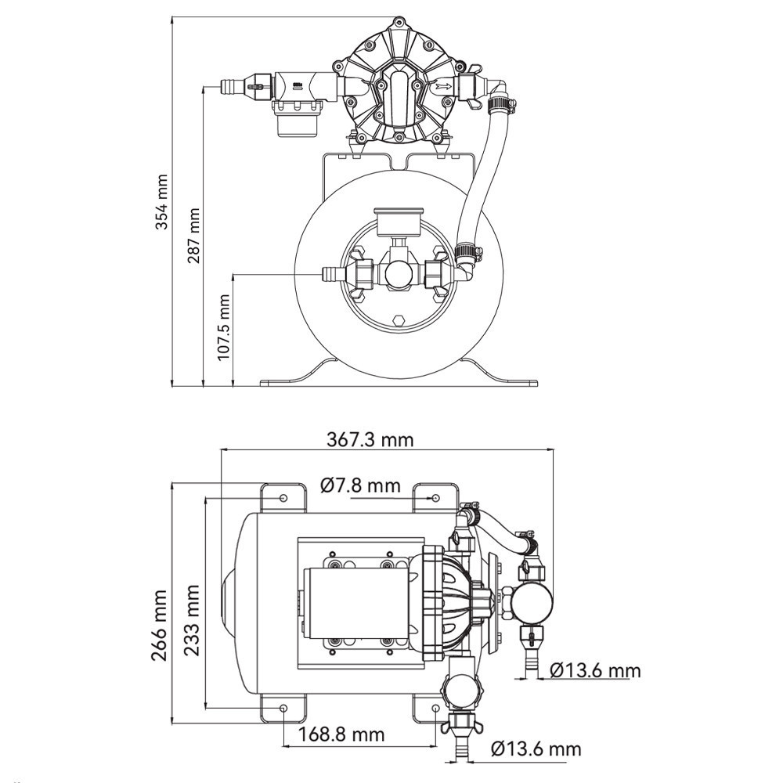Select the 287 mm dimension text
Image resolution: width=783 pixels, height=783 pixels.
pyautogui.click(x=193, y=235)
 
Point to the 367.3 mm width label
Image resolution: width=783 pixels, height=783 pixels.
pyautogui.click(x=370, y=439)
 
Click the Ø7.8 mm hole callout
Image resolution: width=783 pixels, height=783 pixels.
pyautogui.click(x=360, y=485)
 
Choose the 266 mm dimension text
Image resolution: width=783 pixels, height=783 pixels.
pyautogui.click(x=160, y=624)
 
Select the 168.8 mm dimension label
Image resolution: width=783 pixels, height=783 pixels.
pyautogui.click(x=341, y=734)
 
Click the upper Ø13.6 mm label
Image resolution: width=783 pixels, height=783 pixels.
pyautogui.click(x=595, y=670)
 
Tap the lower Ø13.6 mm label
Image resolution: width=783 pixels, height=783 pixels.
pyautogui.click(x=537, y=749)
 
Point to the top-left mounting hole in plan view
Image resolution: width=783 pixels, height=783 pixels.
pyautogui.click(x=282, y=497)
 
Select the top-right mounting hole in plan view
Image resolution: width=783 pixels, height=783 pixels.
pyautogui.click(x=435, y=497)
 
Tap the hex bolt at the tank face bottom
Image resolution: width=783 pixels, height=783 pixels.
pyautogui.click(x=399, y=319)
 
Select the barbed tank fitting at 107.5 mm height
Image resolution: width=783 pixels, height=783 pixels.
pyautogui.click(x=331, y=274)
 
